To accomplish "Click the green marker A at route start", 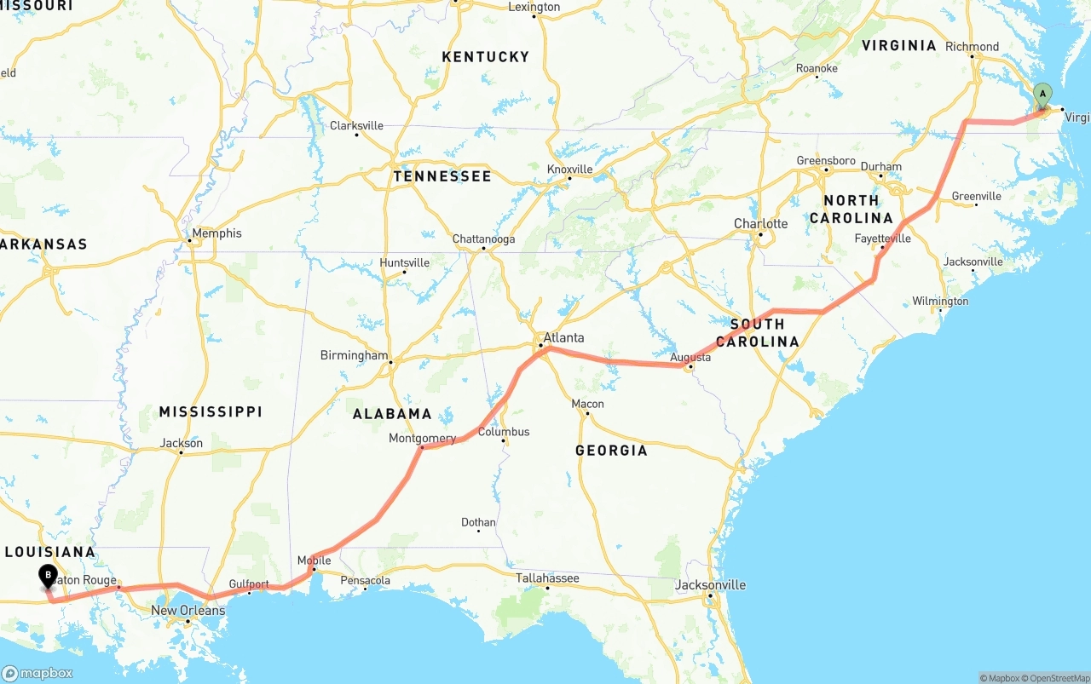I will pos(1042,95).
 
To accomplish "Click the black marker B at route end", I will pos(48,577).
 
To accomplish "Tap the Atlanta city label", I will pos(563,337).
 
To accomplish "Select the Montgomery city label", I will pos(422,438).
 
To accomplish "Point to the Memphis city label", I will pos(216,233).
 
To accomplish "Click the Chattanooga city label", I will pos(483,239).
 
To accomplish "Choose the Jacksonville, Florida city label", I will pos(710,584).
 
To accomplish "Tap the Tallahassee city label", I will pos(547,578).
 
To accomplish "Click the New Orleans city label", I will pos(188,610).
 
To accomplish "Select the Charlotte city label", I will pos(760,223).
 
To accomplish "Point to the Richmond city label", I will pos(972,46).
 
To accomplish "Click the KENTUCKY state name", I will pos(485,56).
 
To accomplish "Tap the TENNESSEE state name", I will pos(442,176).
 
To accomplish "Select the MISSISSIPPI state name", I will pos(210,411).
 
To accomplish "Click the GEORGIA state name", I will pos(610,450).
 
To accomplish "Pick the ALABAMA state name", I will pos(392,414).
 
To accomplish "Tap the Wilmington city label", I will pos(940,301).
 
